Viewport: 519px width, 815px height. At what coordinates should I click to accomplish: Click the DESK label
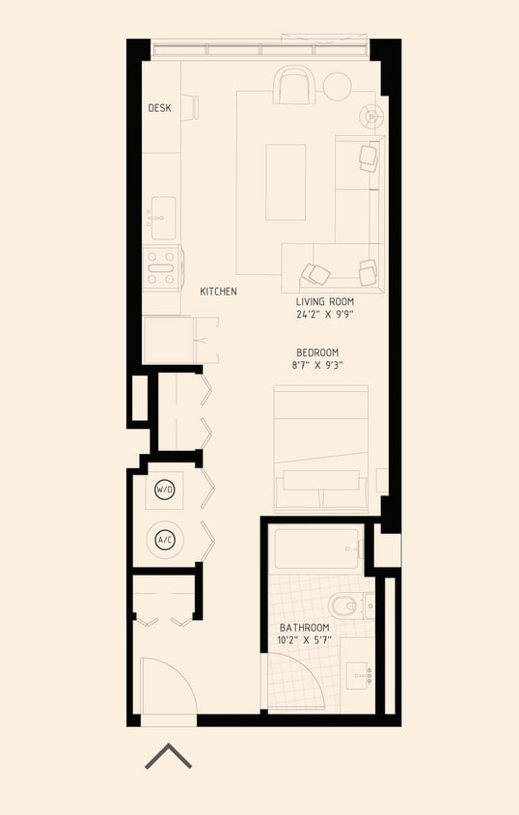tap(159, 108)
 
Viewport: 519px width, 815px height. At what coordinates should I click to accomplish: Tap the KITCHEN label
tap(218, 291)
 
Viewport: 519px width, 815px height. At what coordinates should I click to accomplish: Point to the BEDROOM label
tap(317, 352)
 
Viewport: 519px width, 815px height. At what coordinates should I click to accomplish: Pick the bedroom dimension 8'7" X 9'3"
tap(317, 365)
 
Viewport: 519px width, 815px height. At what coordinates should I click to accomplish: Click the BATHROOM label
tap(304, 628)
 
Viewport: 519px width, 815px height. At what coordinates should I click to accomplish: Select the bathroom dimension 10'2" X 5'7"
tap(304, 640)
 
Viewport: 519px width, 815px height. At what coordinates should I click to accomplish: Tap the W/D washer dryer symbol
tap(165, 491)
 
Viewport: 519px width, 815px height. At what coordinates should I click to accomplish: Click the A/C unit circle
tap(165, 539)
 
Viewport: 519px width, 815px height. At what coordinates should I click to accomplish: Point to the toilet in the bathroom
tap(343, 606)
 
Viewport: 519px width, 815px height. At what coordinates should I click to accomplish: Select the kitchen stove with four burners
tap(161, 267)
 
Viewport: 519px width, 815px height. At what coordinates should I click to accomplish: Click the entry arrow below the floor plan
tap(168, 757)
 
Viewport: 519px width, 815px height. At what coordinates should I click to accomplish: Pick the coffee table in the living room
tap(286, 182)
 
